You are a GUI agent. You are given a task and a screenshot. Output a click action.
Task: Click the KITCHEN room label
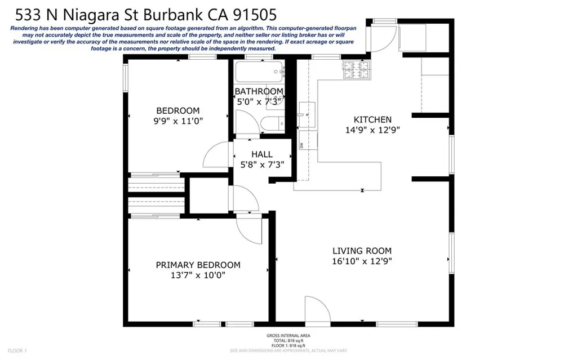(x=372, y=119)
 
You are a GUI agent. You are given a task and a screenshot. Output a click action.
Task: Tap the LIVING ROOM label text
(x=362, y=251)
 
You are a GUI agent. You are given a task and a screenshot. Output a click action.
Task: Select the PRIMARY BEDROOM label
(x=198, y=265)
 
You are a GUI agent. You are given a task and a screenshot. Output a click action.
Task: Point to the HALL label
(x=262, y=154)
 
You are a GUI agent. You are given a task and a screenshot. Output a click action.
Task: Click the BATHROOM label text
(x=259, y=91)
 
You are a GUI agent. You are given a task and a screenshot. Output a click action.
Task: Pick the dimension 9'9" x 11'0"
(x=177, y=121)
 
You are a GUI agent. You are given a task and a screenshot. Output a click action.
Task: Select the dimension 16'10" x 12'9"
(x=362, y=261)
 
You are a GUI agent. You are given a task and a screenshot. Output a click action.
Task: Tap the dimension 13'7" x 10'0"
(x=198, y=275)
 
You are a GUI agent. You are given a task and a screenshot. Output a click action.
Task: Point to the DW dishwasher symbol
(x=302, y=145)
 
